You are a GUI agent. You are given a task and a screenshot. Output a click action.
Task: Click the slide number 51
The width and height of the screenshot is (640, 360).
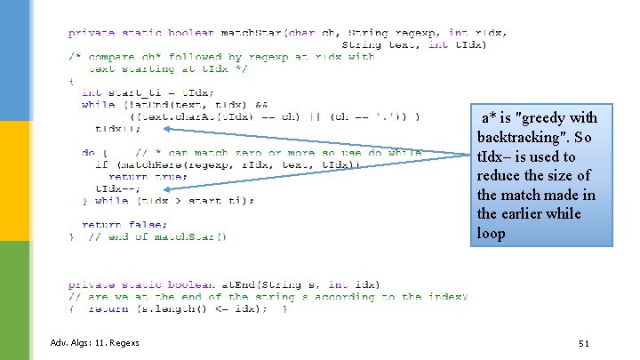(583, 343)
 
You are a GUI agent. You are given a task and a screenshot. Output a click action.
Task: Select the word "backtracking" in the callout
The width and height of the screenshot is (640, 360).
(521, 138)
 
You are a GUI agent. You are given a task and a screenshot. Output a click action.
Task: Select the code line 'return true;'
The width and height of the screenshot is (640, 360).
(131, 176)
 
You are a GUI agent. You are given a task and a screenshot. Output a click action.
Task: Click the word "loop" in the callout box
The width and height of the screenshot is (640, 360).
(491, 234)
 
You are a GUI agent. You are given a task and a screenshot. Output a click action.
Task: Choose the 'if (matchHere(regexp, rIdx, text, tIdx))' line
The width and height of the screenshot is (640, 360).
(222, 164)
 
